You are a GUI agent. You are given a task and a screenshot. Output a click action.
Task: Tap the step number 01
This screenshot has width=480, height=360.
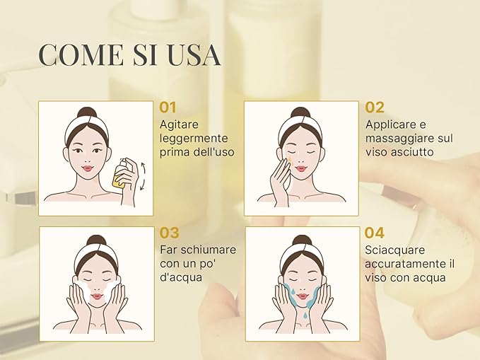[168, 108]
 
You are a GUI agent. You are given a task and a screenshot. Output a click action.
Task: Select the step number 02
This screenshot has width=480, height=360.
[375, 108]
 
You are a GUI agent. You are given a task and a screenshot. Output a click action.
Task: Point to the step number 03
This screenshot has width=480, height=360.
[170, 233]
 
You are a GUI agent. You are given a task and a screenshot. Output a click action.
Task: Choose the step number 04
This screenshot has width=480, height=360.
[375, 233]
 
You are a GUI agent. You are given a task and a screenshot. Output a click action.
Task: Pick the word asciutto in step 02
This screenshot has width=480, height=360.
[411, 152]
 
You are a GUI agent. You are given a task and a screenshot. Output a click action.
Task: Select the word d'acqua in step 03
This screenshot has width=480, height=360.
[181, 277]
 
